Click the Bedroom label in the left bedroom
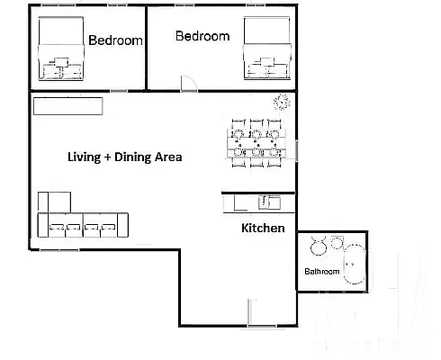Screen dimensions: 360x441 coord(116,40)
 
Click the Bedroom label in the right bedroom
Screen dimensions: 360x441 coord(202,36)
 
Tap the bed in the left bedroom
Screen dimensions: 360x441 coord(60,49)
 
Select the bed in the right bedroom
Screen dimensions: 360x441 coord(266,49)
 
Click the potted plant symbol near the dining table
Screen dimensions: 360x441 coord(282,102)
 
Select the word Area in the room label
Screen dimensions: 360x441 coord(169,157)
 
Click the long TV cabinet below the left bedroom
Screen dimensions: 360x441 coord(69,106)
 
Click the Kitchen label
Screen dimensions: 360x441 coord(263,228)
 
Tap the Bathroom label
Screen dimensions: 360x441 coord(321,271)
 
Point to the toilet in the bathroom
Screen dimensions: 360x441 coord(318,244)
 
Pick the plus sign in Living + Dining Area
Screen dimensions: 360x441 coord(108,157)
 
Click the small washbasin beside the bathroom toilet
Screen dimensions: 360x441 coord(337,242)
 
